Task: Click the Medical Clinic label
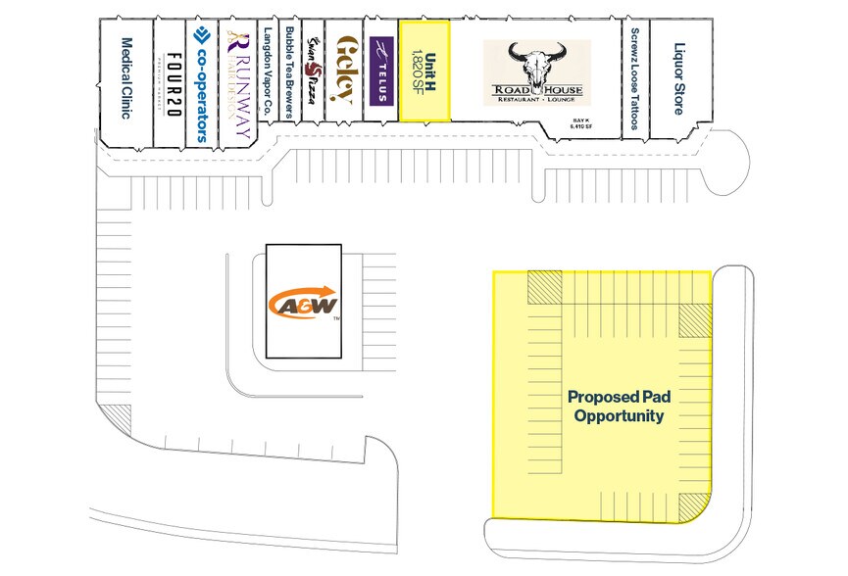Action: (x=126, y=77)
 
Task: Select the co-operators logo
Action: (x=201, y=83)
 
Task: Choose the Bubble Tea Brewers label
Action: (x=290, y=72)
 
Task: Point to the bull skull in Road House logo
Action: (x=537, y=61)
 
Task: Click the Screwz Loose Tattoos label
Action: (x=635, y=77)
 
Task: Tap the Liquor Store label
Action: (x=677, y=77)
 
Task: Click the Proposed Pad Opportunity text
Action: (x=616, y=407)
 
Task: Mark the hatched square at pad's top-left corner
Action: (x=542, y=286)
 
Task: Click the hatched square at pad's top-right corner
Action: (x=695, y=319)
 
